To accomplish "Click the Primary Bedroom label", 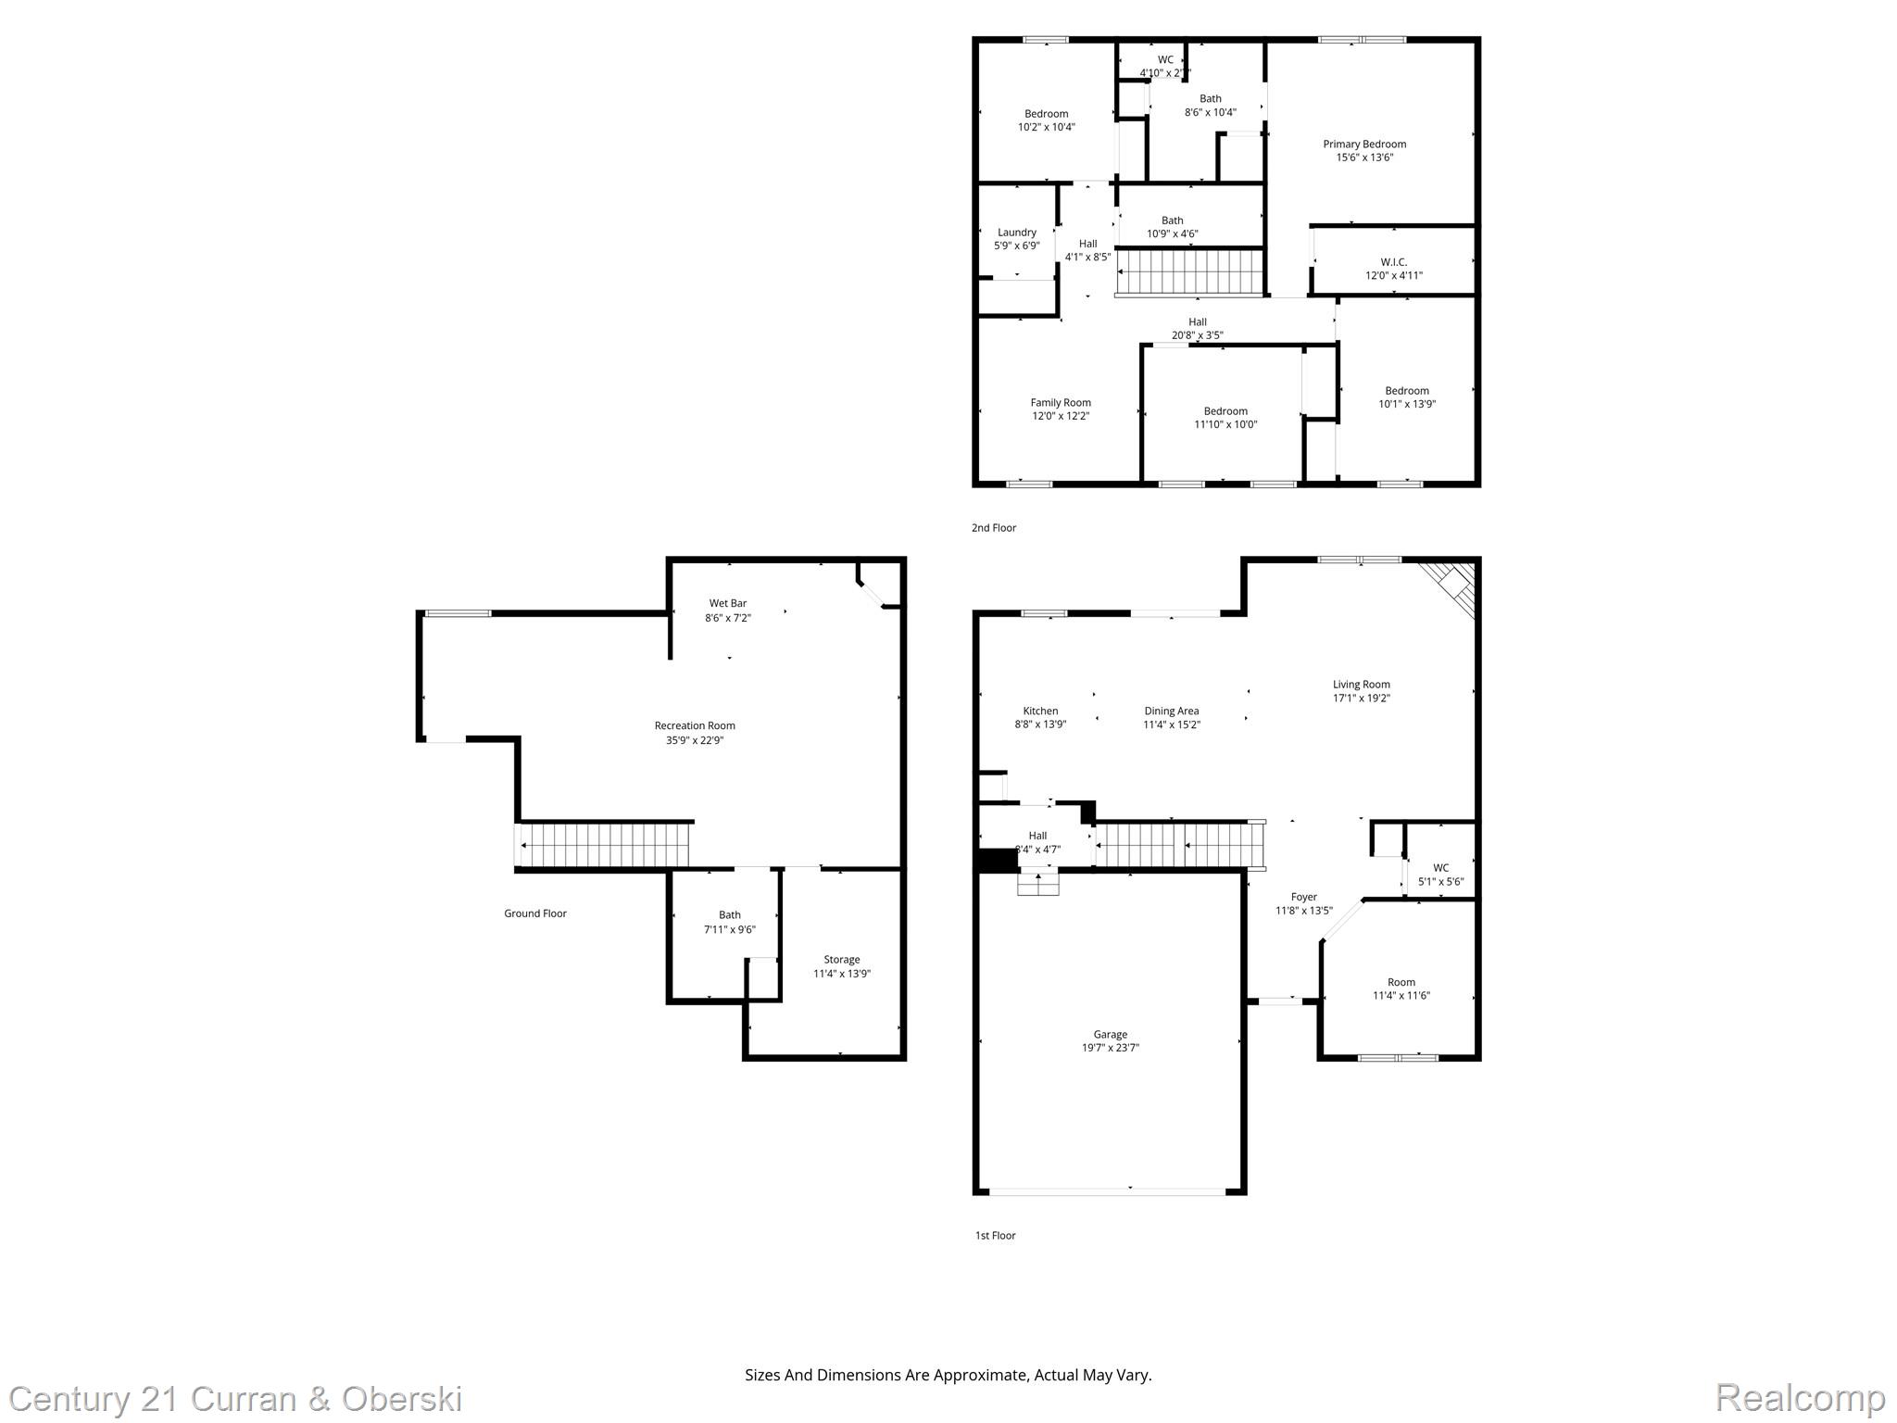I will coord(1363,144).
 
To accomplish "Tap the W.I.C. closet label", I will coord(1393,262).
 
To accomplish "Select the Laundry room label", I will coord(1016,233).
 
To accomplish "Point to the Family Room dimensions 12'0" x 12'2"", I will coord(1061,416).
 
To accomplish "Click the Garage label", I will coord(1110,1034).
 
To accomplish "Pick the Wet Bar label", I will coord(727,603).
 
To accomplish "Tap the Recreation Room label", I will coord(694,725).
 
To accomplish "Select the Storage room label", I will coord(841,959).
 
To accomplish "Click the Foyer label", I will coord(1303,897).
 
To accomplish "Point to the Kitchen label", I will coord(1040,711).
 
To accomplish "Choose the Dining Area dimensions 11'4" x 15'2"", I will coord(1171,724).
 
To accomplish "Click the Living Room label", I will coord(1361,685).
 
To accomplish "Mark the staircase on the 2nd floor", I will coord(1190,272).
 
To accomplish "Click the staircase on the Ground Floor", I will coord(607,845).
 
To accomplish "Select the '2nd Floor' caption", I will coord(993,528).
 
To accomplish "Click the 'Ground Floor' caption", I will coord(534,913).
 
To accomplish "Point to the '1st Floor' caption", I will coord(995,1235).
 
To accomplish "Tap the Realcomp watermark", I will coord(1799,1397).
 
